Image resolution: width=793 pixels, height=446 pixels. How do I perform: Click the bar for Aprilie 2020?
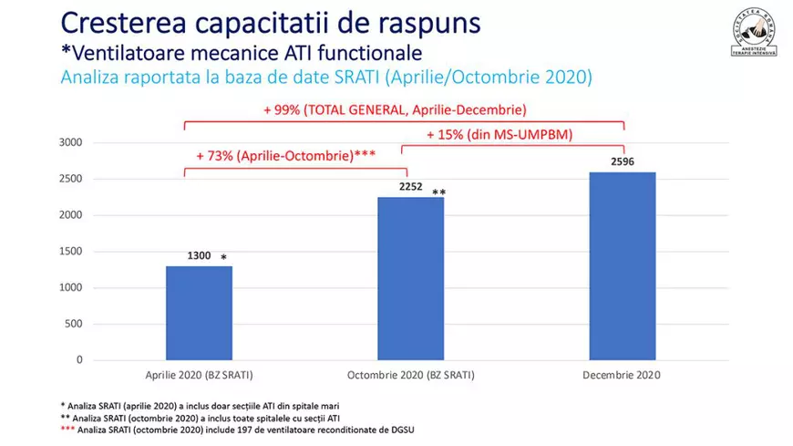(x=199, y=313)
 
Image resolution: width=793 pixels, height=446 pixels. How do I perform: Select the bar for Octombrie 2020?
(x=410, y=278)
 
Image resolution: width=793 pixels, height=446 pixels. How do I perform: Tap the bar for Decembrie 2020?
(x=623, y=265)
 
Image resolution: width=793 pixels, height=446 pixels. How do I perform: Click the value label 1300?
(x=199, y=257)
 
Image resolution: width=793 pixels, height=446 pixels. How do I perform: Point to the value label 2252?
(x=411, y=188)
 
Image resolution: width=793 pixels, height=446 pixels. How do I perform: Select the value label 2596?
(x=623, y=162)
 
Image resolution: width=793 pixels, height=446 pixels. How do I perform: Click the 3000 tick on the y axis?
(x=70, y=143)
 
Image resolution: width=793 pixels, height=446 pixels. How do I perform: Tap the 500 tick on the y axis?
(x=74, y=324)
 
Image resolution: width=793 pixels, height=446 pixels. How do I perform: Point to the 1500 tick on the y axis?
(x=70, y=252)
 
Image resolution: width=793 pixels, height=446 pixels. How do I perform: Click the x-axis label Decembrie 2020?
(x=623, y=375)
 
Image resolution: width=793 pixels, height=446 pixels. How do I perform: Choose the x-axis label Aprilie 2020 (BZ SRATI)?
(x=199, y=375)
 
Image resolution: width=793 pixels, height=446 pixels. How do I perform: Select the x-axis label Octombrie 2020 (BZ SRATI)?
(x=410, y=375)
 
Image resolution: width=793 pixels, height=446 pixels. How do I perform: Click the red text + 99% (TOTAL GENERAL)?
(x=395, y=109)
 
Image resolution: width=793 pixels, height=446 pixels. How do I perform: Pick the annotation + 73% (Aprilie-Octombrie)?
(x=285, y=155)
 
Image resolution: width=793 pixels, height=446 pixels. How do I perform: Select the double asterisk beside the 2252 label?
(x=438, y=192)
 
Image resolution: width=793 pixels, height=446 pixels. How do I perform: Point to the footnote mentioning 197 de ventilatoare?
(x=239, y=430)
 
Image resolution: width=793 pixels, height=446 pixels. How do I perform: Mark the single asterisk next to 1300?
(x=224, y=258)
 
